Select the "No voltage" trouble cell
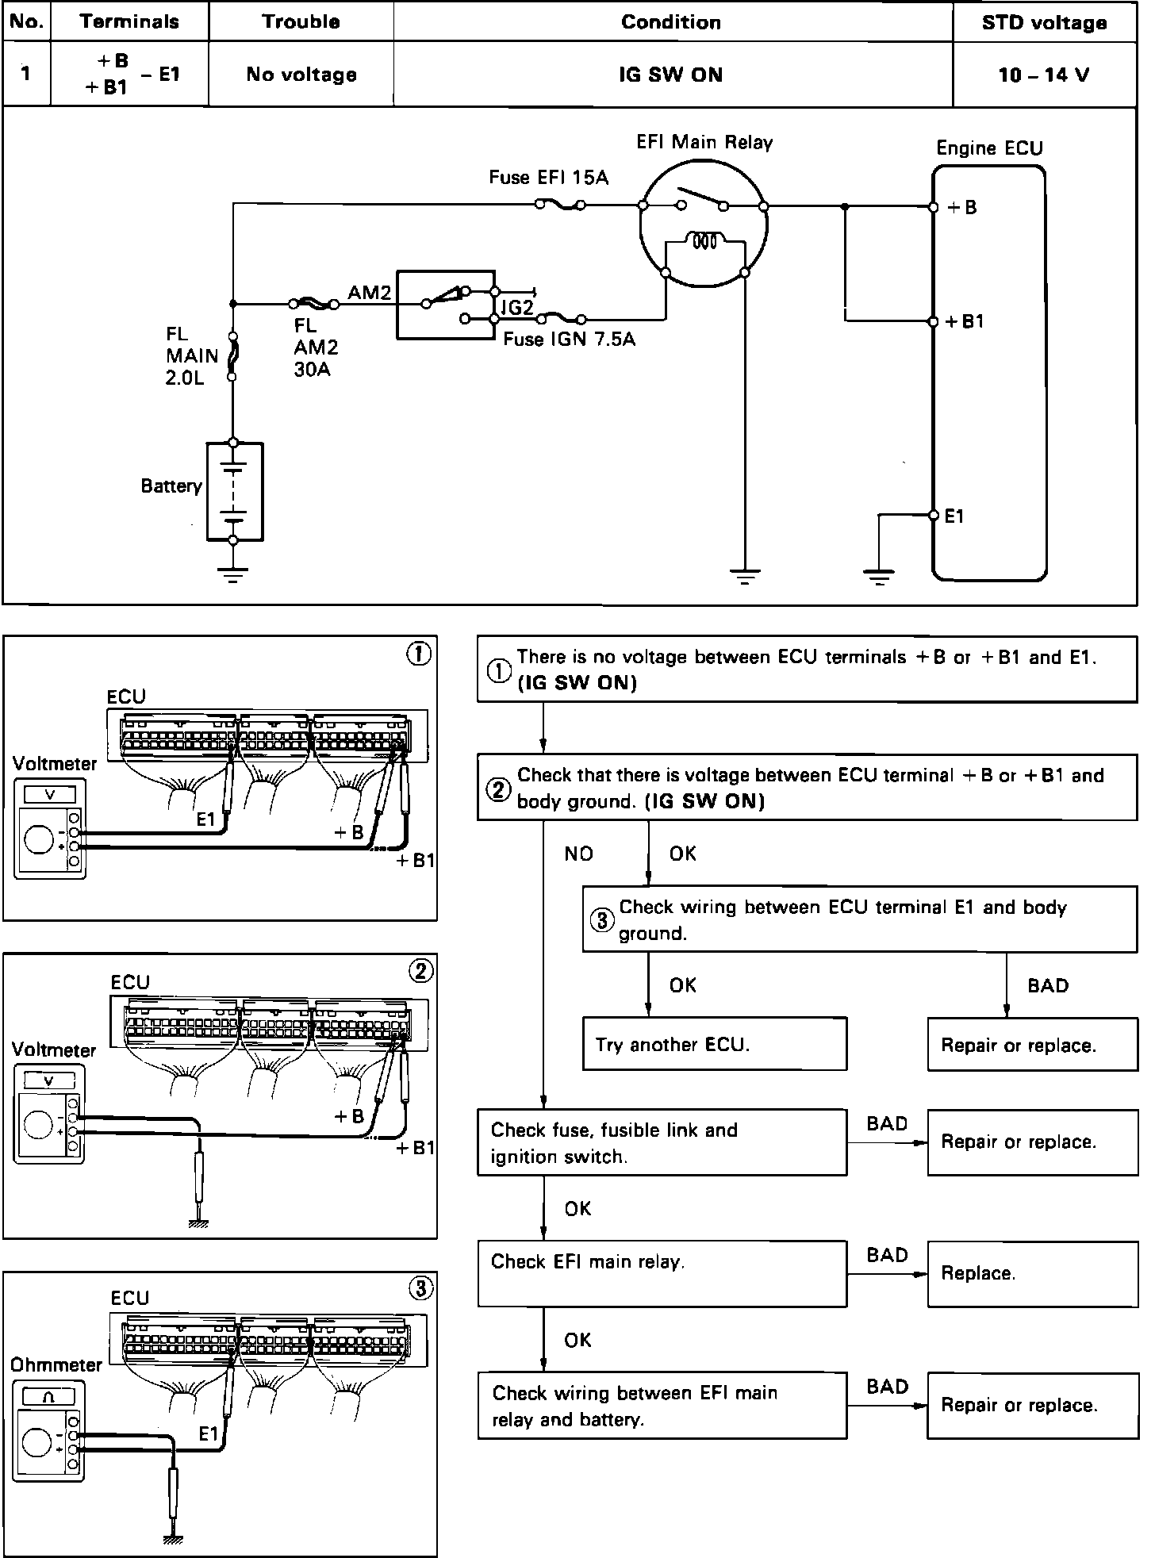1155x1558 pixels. click(x=301, y=75)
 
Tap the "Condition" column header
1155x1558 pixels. click(x=671, y=22)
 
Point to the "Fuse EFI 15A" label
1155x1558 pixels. click(x=548, y=178)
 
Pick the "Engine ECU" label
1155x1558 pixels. click(x=989, y=148)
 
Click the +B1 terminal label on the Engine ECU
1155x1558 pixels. click(x=965, y=322)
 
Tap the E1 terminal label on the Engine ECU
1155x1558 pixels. click(x=954, y=516)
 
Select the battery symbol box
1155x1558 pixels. click(x=234, y=492)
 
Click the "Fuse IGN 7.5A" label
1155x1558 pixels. click(x=570, y=340)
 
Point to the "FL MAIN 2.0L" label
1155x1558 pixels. click(x=192, y=356)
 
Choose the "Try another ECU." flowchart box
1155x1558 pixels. click(x=714, y=1045)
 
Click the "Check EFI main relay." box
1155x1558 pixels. click(x=662, y=1273)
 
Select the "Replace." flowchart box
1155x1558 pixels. click(x=1032, y=1273)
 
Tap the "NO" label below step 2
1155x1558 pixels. click(x=578, y=854)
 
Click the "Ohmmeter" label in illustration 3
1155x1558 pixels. click(x=56, y=1365)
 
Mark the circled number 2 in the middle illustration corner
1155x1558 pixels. click(x=420, y=971)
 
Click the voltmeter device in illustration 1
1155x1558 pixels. click(x=49, y=829)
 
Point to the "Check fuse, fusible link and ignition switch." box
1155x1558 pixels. click(x=662, y=1142)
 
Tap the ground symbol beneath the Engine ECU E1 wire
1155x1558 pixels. click(x=879, y=577)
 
